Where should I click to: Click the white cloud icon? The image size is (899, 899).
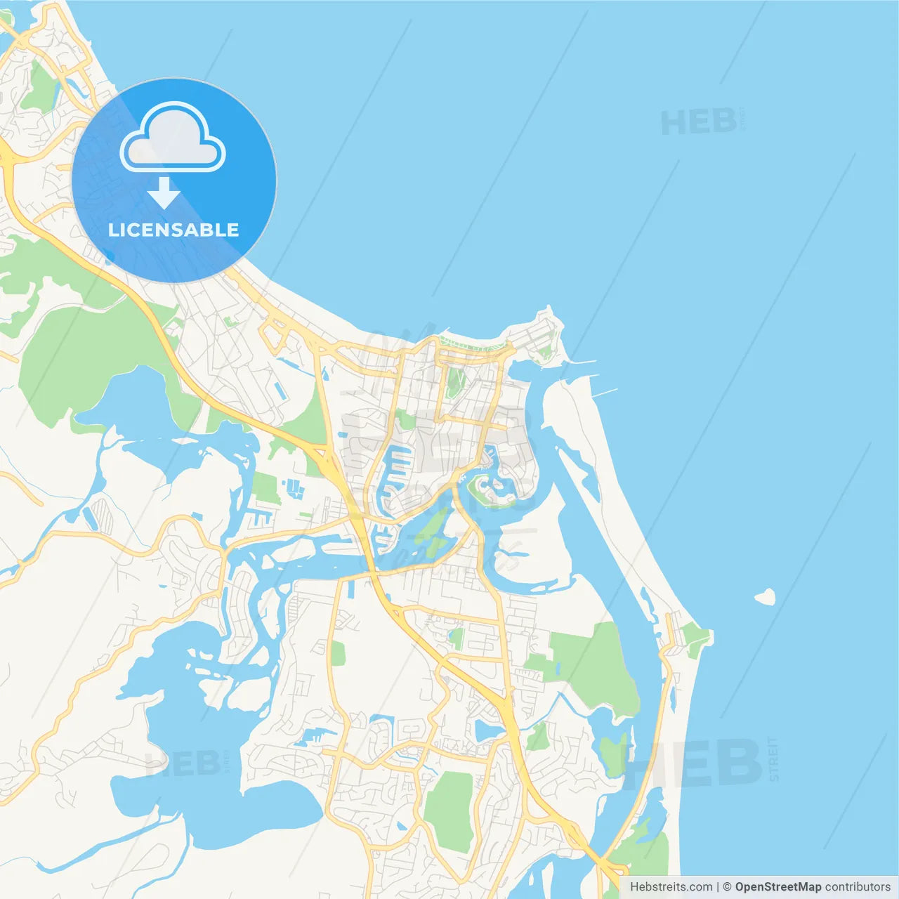173,138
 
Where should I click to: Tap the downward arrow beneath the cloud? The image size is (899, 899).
164,193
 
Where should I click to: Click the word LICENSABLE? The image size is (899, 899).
173,230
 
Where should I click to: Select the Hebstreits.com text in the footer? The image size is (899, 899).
671,887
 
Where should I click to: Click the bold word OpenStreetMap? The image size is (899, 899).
777,887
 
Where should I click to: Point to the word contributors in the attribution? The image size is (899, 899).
858,887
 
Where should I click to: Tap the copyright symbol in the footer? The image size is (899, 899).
727,887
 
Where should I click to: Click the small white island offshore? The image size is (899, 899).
766,597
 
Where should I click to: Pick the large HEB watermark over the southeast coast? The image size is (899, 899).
692,762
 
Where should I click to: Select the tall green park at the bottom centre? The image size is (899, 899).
448,811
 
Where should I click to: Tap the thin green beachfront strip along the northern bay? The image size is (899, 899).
471,345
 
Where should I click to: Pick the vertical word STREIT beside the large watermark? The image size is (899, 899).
773,759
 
